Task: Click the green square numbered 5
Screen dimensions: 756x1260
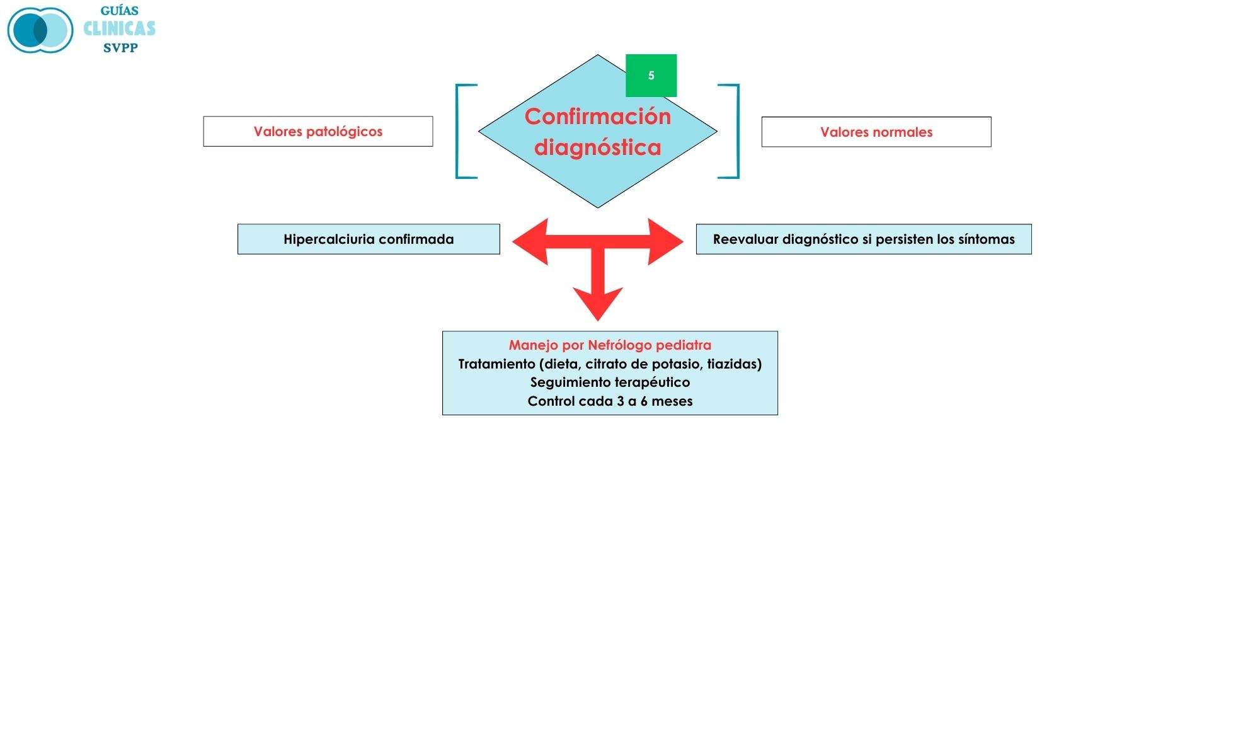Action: [x=651, y=76]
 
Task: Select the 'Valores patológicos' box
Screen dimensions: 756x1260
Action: [x=318, y=132]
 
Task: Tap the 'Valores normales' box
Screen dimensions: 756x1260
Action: [x=876, y=132]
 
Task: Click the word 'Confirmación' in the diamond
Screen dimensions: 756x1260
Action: [x=597, y=117]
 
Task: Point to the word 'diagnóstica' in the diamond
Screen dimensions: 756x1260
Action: [x=597, y=147]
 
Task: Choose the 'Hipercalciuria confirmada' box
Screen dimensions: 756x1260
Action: [x=369, y=239]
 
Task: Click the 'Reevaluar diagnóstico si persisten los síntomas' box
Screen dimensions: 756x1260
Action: [x=863, y=239]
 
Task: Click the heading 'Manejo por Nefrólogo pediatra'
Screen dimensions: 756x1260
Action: [x=610, y=345]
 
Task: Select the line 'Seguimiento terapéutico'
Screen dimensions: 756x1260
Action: [x=610, y=382]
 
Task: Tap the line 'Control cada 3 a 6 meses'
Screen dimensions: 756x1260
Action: [x=610, y=401]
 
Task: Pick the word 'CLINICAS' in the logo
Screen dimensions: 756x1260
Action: [x=120, y=29]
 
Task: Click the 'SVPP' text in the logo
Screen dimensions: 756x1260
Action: [x=120, y=48]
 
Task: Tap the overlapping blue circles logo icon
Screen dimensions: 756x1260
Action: [x=40, y=30]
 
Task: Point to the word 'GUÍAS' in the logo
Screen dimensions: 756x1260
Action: [x=120, y=11]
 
